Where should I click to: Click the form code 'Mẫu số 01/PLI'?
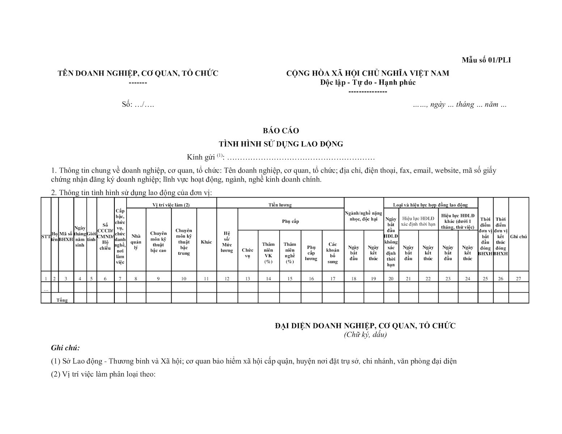click(486, 60)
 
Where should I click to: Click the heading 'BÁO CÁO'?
click(281, 131)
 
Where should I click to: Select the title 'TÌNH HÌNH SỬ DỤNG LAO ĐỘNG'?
click(281, 144)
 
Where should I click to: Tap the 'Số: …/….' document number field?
click(138, 105)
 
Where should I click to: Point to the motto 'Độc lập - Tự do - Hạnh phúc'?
click(368, 82)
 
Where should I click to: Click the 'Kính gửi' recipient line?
click(281, 157)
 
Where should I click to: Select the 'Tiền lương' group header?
click(280, 205)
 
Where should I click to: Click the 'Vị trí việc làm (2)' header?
click(171, 205)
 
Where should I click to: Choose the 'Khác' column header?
click(206, 242)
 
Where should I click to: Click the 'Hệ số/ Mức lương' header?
click(227, 242)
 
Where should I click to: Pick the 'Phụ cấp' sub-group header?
click(291, 221)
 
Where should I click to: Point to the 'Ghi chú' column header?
click(519, 237)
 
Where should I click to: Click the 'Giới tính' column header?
click(91, 237)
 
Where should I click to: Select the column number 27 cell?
click(519, 278)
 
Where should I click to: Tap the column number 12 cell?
click(227, 278)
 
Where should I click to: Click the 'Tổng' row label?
click(62, 300)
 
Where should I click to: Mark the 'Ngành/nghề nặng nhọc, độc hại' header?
click(363, 216)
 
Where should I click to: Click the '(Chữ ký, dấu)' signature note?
click(365, 335)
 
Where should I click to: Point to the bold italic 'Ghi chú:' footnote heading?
click(65, 348)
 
